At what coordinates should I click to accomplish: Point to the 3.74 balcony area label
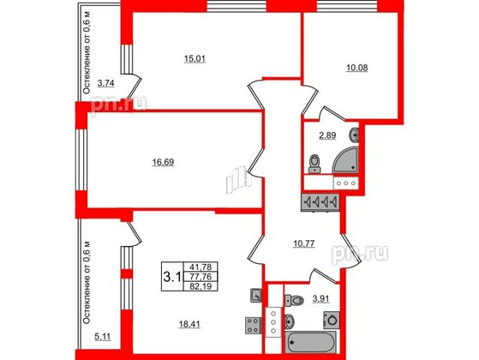coord(105,82)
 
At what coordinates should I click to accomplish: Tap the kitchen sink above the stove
coord(255,297)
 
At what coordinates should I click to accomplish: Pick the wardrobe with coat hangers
coord(322,203)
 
